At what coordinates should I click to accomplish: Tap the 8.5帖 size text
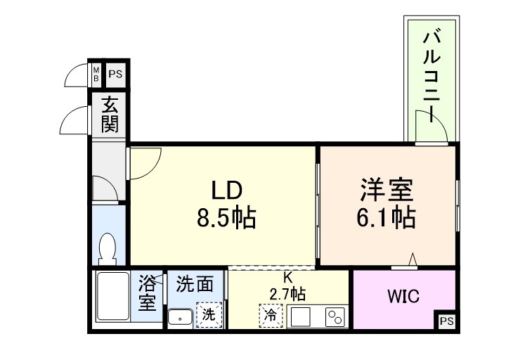coord(226,219)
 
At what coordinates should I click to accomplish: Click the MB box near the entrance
coord(97,73)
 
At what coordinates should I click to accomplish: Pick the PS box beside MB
coord(115,73)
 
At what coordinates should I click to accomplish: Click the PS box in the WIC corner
coord(446,321)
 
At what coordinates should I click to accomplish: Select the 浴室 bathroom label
coord(147,294)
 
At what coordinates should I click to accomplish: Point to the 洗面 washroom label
coord(195,284)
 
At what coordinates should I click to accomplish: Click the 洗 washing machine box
coord(209,315)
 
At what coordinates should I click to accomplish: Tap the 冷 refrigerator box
coord(269,315)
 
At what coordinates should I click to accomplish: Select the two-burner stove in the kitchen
coord(335,316)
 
